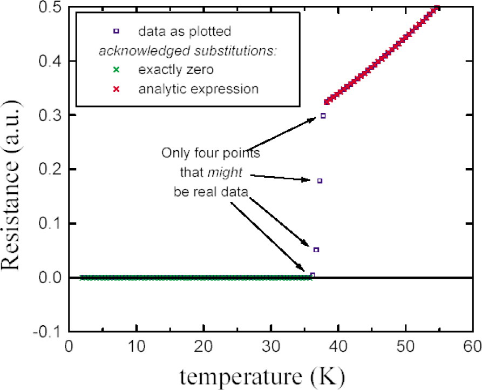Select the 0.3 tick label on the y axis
coord(49,116)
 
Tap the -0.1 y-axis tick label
coord(47,331)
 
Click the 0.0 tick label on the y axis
coord(49,278)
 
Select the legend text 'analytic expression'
coord(198,89)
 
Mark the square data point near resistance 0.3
coord(323,116)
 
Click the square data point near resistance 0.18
coord(320,181)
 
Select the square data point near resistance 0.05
coord(316,250)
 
